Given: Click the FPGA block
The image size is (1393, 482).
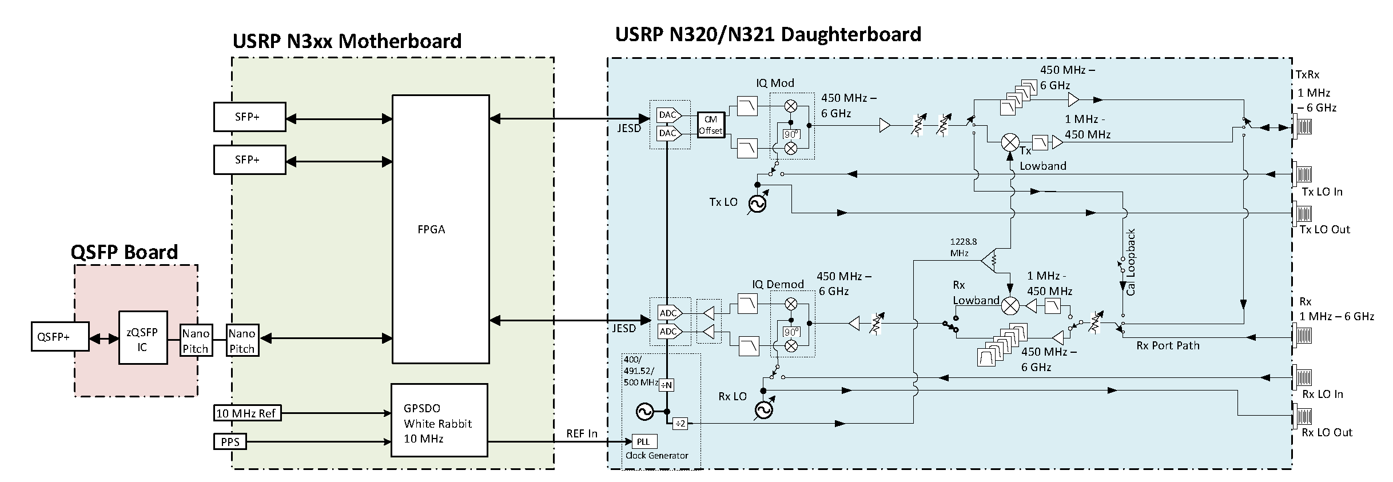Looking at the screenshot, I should (x=440, y=229).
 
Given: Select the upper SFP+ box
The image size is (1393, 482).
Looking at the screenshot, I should (x=249, y=117).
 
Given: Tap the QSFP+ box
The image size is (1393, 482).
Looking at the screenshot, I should (x=60, y=337).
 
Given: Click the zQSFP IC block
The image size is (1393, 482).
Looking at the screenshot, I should (x=143, y=338).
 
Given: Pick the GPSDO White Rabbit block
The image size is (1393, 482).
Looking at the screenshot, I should (x=439, y=420).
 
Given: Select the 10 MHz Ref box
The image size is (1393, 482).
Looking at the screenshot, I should (x=248, y=413).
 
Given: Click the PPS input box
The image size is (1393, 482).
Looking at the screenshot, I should (x=230, y=442).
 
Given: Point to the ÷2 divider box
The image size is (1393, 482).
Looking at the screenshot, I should (x=679, y=424).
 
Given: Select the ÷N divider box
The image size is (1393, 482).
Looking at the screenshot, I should (x=667, y=385).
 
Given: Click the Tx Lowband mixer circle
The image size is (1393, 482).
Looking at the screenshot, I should (x=1010, y=142).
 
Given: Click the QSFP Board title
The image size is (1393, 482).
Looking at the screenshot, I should (x=124, y=252).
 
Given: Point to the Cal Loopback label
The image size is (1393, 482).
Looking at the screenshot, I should (x=1131, y=262).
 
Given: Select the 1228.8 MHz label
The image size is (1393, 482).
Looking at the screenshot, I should (x=964, y=247).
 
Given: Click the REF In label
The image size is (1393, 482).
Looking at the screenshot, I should (x=582, y=433).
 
